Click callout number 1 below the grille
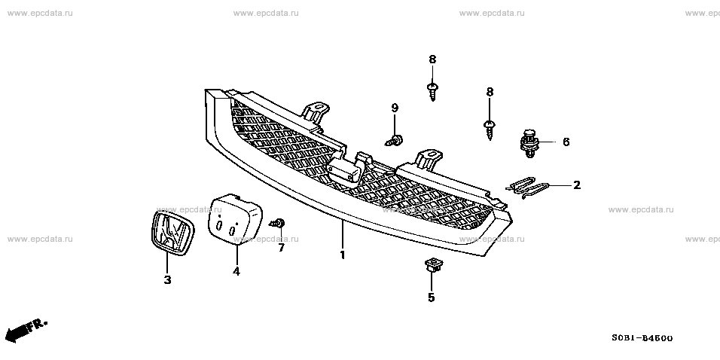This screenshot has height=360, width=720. (342, 255)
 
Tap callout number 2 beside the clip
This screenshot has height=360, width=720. (577, 185)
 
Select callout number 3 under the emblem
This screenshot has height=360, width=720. (167, 280)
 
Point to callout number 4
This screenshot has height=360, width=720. (236, 271)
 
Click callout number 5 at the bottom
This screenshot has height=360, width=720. (432, 297)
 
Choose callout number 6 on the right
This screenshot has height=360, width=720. (566, 142)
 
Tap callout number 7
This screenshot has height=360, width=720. (281, 247)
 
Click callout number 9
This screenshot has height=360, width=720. (394, 108)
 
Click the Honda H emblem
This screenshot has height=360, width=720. (169, 231)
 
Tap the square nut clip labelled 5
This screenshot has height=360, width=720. (432, 264)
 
